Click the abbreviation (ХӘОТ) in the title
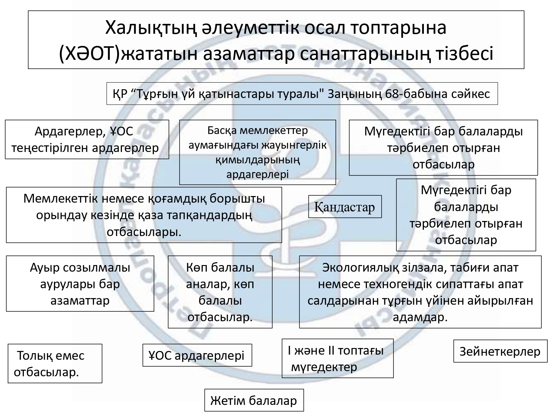tap(90, 53)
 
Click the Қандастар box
tap(345, 207)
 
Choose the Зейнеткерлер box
tap(500, 351)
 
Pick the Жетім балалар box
tap(254, 400)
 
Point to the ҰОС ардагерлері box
tap(197, 355)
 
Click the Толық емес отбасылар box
tap(55, 363)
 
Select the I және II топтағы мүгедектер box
tap(338, 358)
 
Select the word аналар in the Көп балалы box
tap(208, 284)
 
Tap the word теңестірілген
tap(49, 148)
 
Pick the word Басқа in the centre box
tap(222, 131)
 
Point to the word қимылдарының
tap(258, 160)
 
